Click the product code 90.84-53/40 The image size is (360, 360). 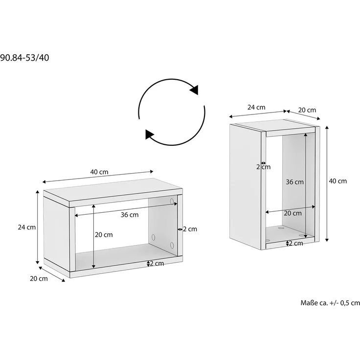click(24, 58)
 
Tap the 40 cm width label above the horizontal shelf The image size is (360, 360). click(99, 172)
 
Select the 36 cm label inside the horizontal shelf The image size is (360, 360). click(130, 215)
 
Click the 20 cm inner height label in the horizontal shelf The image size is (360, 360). click(104, 235)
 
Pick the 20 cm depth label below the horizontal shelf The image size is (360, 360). click(39, 279)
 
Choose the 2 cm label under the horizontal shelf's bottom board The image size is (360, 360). click(157, 264)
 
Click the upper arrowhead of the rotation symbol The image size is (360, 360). click(194, 89)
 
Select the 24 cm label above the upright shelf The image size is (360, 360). click(256, 107)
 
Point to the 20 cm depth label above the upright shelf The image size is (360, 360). click(307, 110)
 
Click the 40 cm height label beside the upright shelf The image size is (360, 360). click(337, 181)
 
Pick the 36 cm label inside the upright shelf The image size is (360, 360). click(294, 182)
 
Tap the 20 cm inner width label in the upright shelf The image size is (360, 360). click(292, 213)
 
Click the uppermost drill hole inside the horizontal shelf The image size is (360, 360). click(172, 201)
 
